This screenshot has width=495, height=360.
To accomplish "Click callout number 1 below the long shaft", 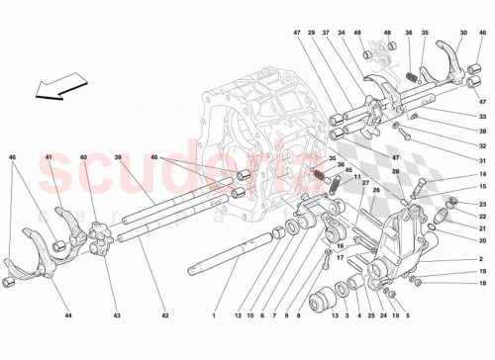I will click(212, 316).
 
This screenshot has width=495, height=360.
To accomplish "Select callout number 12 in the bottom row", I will click(238, 316).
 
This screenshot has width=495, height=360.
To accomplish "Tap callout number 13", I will click(335, 316).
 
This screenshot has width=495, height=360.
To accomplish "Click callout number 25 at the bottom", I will click(370, 316).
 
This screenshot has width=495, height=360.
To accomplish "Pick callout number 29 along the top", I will click(311, 32).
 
